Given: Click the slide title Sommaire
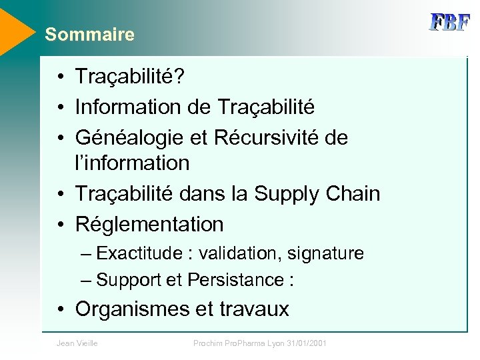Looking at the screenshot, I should [89, 35].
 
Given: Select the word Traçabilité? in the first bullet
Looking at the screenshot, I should [130, 77].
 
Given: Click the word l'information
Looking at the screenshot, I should [133, 163].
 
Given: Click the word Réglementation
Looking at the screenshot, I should [149, 224].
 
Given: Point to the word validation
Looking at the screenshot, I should [239, 253].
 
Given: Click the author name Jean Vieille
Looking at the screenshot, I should [77, 343].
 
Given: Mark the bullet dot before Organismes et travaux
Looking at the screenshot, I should [61, 309].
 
